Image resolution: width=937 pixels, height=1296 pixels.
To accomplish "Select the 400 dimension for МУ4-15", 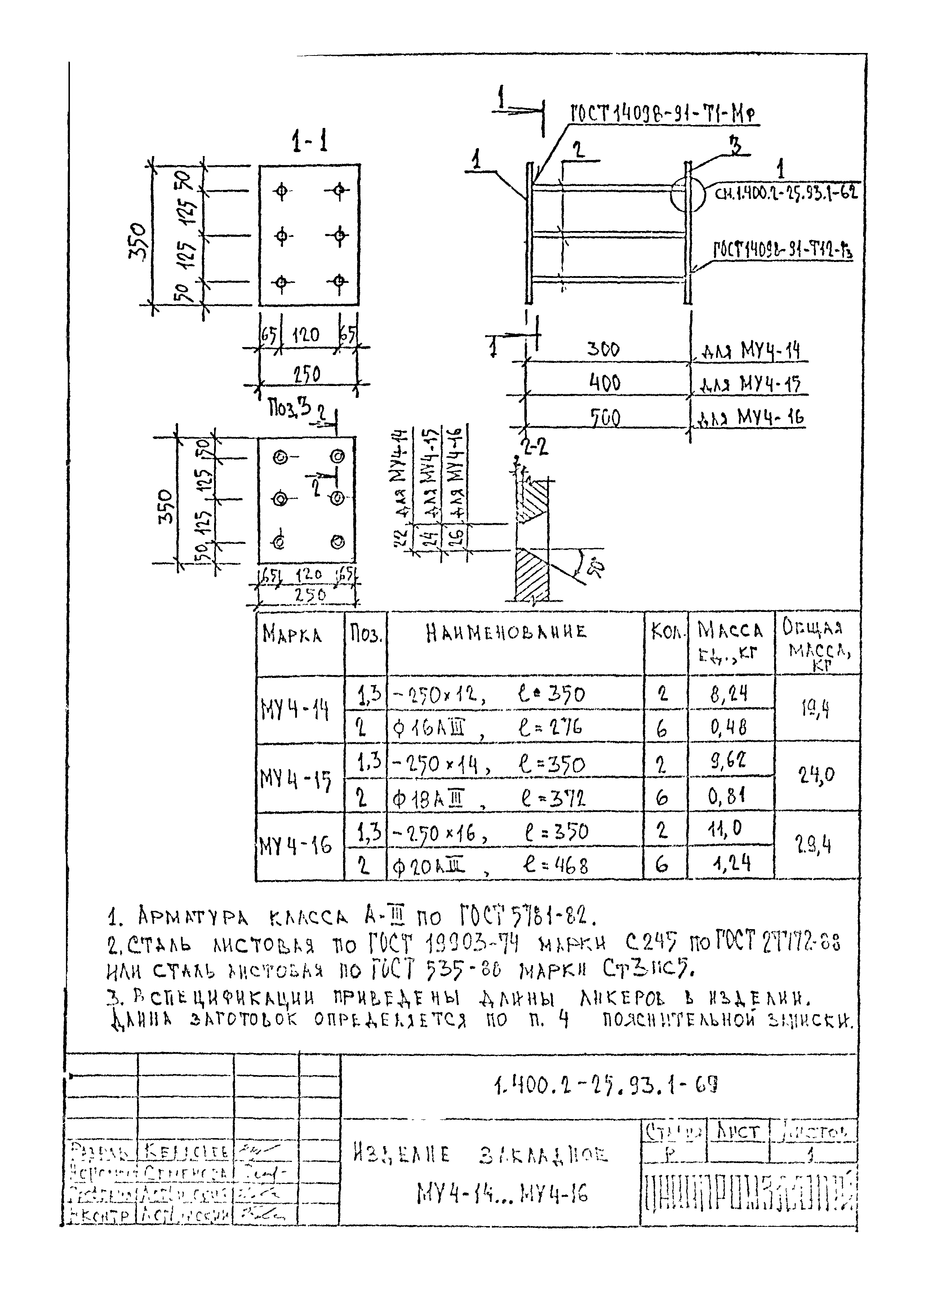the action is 604,382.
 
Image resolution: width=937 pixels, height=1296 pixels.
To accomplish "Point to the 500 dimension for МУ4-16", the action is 604,418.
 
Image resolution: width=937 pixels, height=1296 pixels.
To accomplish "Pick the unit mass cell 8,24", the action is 730,694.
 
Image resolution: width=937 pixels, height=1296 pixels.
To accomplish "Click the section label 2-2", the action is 535,446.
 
